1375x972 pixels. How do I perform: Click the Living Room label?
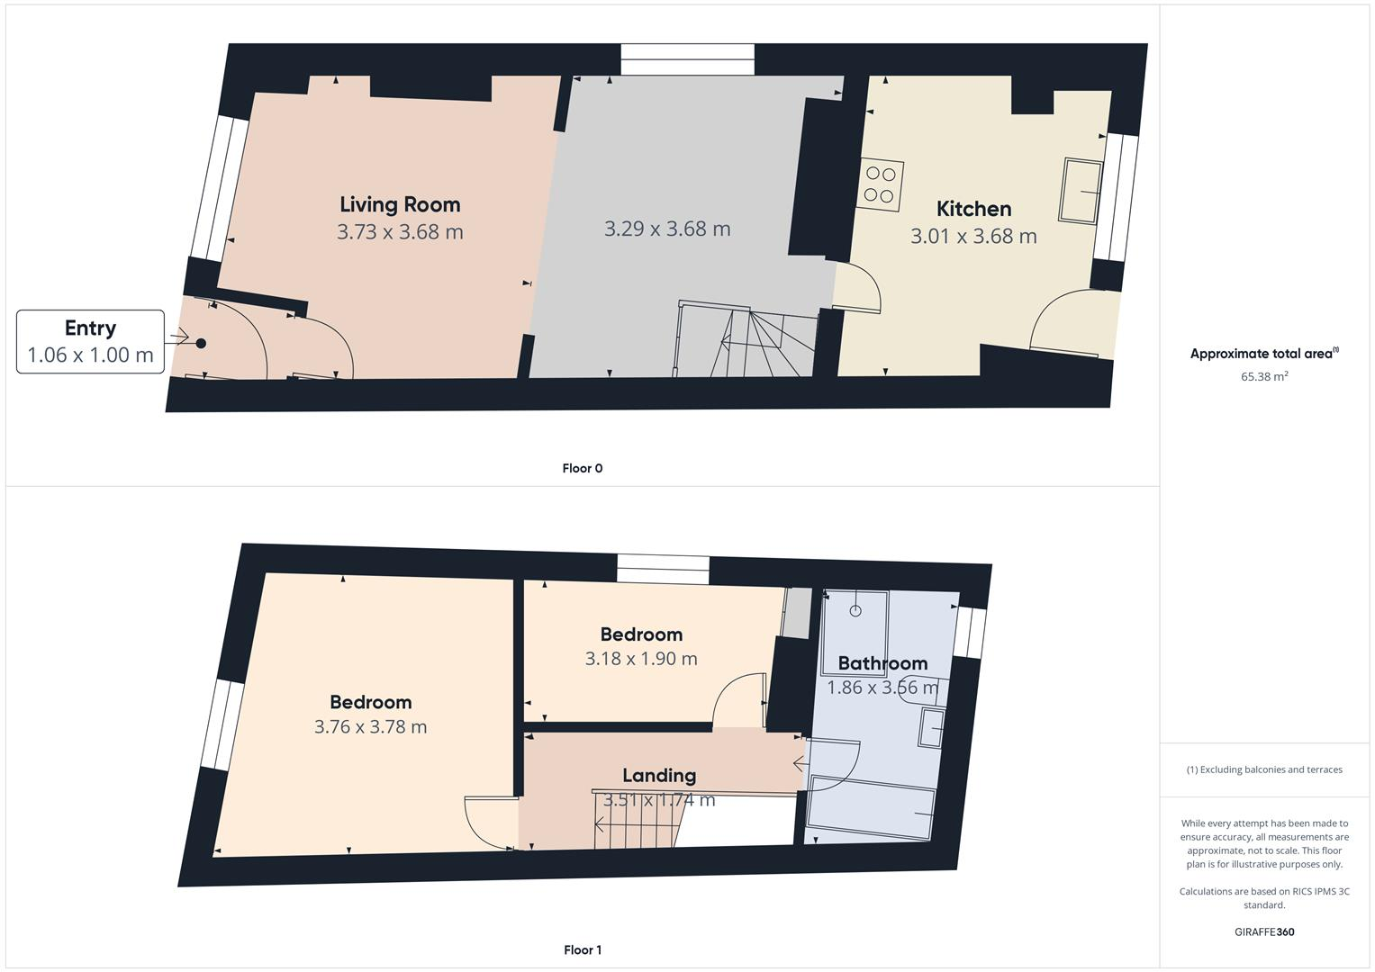click(x=400, y=204)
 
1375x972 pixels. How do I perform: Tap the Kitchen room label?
click(x=973, y=209)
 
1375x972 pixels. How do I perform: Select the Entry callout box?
click(x=90, y=341)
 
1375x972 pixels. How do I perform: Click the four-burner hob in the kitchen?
click(x=881, y=185)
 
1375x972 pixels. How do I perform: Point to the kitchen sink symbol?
click(x=1081, y=190)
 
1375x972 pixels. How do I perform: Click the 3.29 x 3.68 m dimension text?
click(x=666, y=229)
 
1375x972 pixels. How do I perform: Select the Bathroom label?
click(x=882, y=663)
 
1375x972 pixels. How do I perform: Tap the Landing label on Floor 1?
click(x=658, y=775)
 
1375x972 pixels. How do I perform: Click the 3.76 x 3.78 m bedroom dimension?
click(x=370, y=726)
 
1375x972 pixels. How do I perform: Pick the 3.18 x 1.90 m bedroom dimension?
click(x=640, y=658)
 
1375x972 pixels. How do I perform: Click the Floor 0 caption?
click(x=582, y=468)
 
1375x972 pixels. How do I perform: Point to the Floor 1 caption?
click(x=582, y=949)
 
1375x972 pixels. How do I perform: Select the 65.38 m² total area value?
click(x=1263, y=376)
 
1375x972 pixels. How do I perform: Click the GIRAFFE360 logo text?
click(x=1263, y=931)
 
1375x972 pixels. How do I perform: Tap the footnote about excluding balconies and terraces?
click(x=1263, y=769)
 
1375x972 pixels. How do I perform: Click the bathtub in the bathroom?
click(x=871, y=800)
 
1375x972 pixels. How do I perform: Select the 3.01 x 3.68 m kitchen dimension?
click(x=973, y=236)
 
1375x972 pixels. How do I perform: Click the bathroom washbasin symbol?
click(x=931, y=727)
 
